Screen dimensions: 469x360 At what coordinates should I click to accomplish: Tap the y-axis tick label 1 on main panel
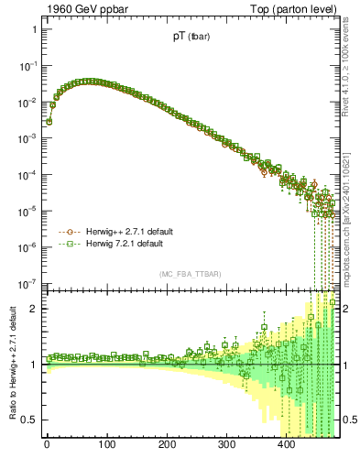(x=33, y=29)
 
